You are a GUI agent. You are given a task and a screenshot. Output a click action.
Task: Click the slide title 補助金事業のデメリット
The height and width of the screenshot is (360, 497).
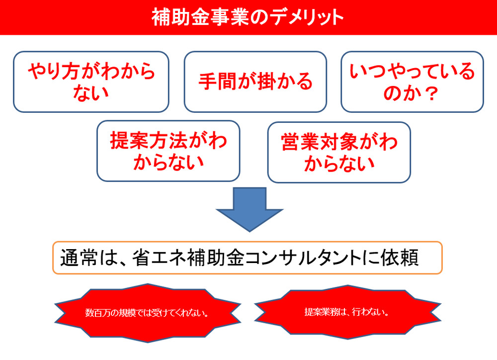(x=248, y=17)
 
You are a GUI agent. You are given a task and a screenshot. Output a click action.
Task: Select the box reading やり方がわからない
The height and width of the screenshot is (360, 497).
(x=91, y=82)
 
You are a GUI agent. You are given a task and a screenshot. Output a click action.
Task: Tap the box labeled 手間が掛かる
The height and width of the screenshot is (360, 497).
(x=255, y=82)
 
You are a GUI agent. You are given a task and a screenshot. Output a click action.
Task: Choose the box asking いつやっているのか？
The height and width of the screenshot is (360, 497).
(x=412, y=82)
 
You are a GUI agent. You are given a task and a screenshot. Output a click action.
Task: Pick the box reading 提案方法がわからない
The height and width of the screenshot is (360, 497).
(x=168, y=151)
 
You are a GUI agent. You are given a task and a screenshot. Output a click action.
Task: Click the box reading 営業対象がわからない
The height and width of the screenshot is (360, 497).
(x=339, y=152)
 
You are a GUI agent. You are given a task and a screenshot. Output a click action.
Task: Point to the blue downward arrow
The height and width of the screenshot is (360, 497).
(x=249, y=209)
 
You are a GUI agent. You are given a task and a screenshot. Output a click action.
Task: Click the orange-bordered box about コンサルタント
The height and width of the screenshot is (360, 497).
(x=247, y=258)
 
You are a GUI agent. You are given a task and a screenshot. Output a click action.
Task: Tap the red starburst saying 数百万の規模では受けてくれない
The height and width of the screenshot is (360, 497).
(x=148, y=313)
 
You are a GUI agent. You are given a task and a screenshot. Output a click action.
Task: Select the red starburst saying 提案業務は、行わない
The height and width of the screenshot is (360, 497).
(x=347, y=312)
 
